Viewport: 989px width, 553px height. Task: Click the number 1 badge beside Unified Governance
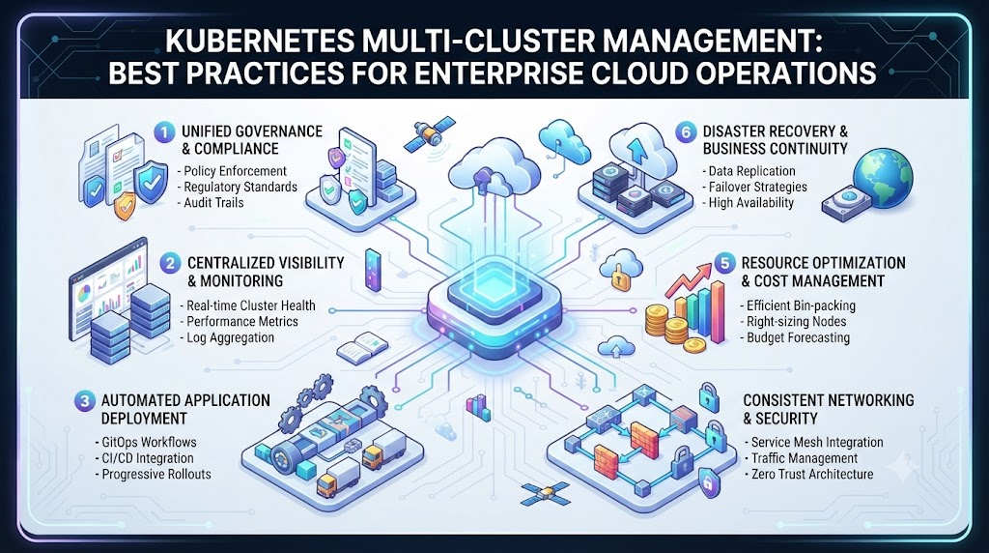(164, 132)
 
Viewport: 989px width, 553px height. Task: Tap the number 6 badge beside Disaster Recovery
(685, 132)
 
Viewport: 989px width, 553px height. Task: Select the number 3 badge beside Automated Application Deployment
(84, 401)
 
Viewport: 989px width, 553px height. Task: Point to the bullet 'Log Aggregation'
(230, 337)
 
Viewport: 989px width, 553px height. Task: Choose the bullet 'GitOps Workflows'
(149, 442)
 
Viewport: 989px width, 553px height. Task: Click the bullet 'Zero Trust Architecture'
(812, 474)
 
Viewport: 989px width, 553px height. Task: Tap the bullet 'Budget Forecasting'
(798, 337)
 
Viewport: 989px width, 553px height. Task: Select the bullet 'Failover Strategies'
(757, 187)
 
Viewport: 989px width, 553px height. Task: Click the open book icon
(362, 349)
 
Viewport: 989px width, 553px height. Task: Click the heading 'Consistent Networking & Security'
(828, 409)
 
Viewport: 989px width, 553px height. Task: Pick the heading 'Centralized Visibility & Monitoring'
(266, 272)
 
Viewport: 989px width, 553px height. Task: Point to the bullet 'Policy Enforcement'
(236, 171)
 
